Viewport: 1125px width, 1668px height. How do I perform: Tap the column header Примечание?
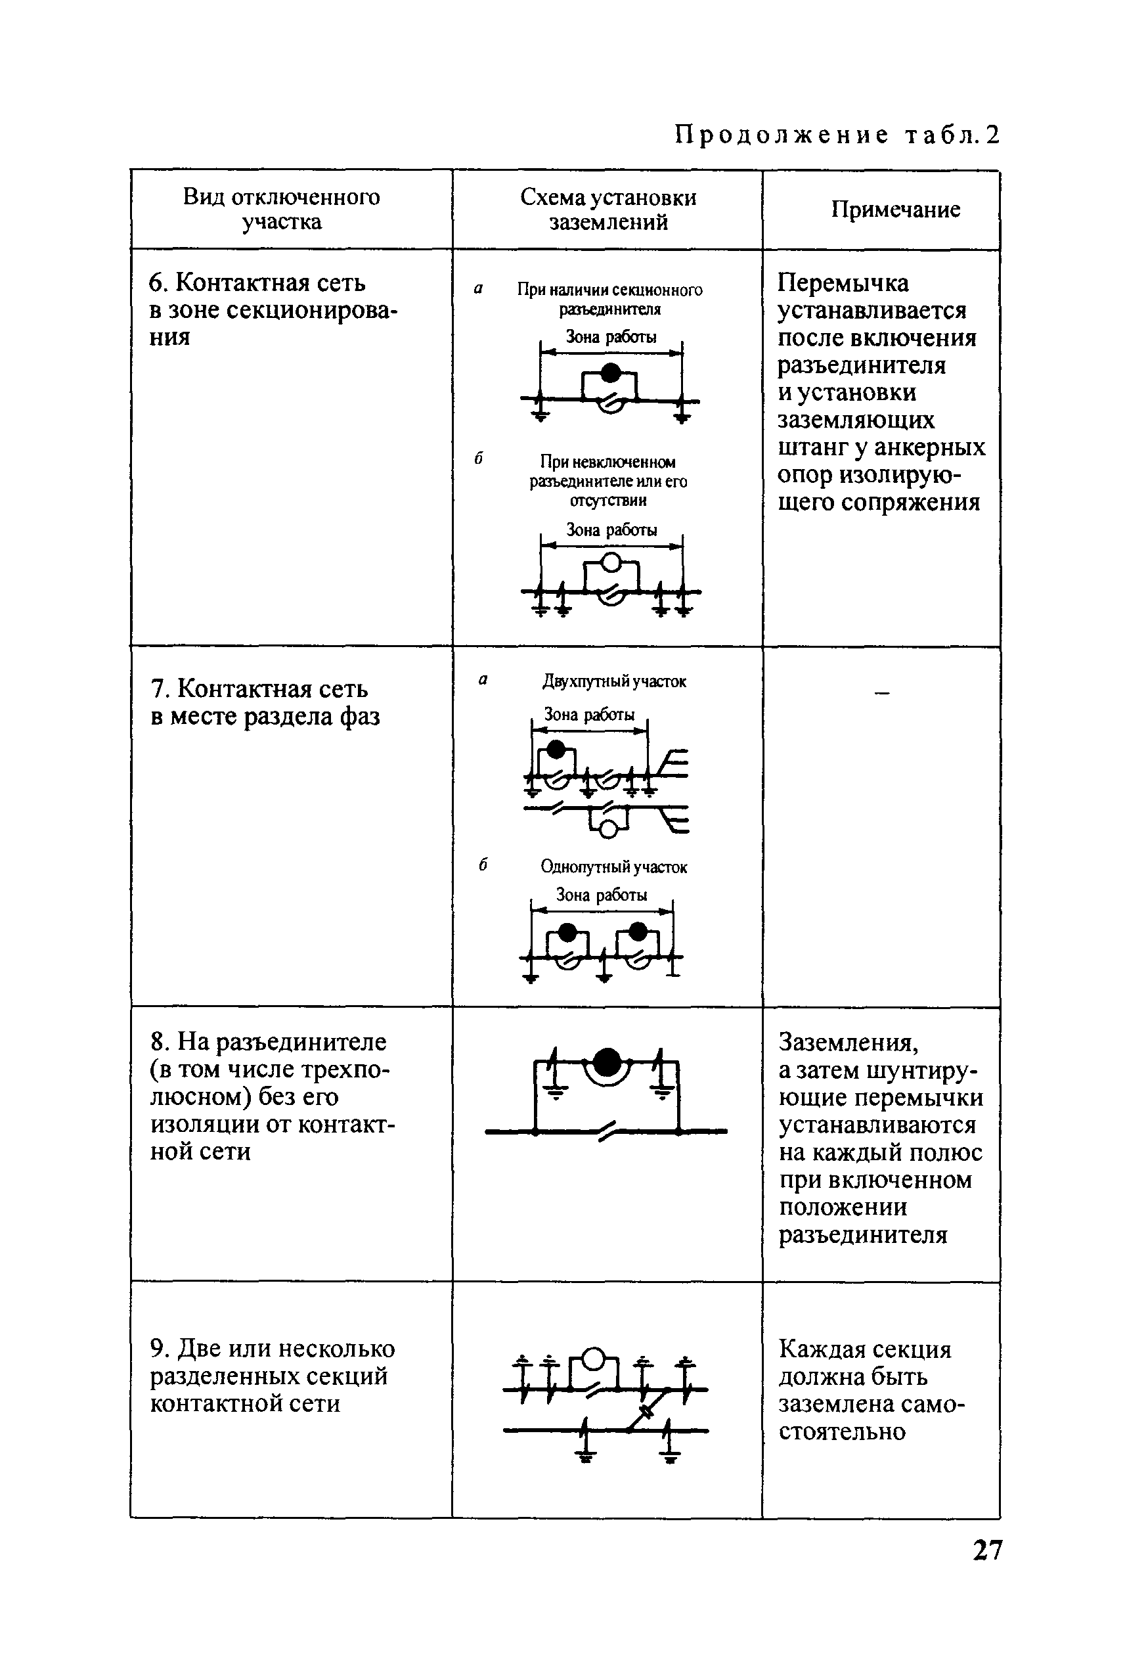895,210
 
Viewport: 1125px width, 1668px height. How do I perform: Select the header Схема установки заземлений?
607,210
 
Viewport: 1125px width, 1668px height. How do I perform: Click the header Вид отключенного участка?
281,209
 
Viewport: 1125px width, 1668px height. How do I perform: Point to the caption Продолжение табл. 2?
837,135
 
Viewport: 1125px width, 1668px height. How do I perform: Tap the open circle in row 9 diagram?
592,1359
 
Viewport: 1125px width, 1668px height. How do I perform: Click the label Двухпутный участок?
614,681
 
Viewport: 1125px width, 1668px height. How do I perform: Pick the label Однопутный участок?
614,867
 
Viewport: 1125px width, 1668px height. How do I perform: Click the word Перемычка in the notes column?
843,284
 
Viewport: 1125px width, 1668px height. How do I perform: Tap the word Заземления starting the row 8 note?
848,1042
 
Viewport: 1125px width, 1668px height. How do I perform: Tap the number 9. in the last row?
160,1349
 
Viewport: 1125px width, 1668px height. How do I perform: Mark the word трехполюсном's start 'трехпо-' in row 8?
347,1070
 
